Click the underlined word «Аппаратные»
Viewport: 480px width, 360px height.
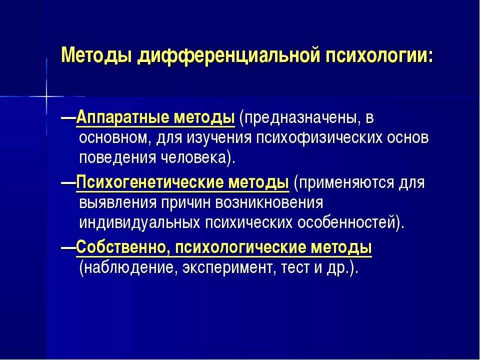point(122,118)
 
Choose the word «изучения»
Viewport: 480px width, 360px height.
point(225,137)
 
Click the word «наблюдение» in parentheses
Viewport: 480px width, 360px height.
point(128,267)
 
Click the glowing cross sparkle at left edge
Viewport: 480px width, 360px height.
point(46,95)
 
